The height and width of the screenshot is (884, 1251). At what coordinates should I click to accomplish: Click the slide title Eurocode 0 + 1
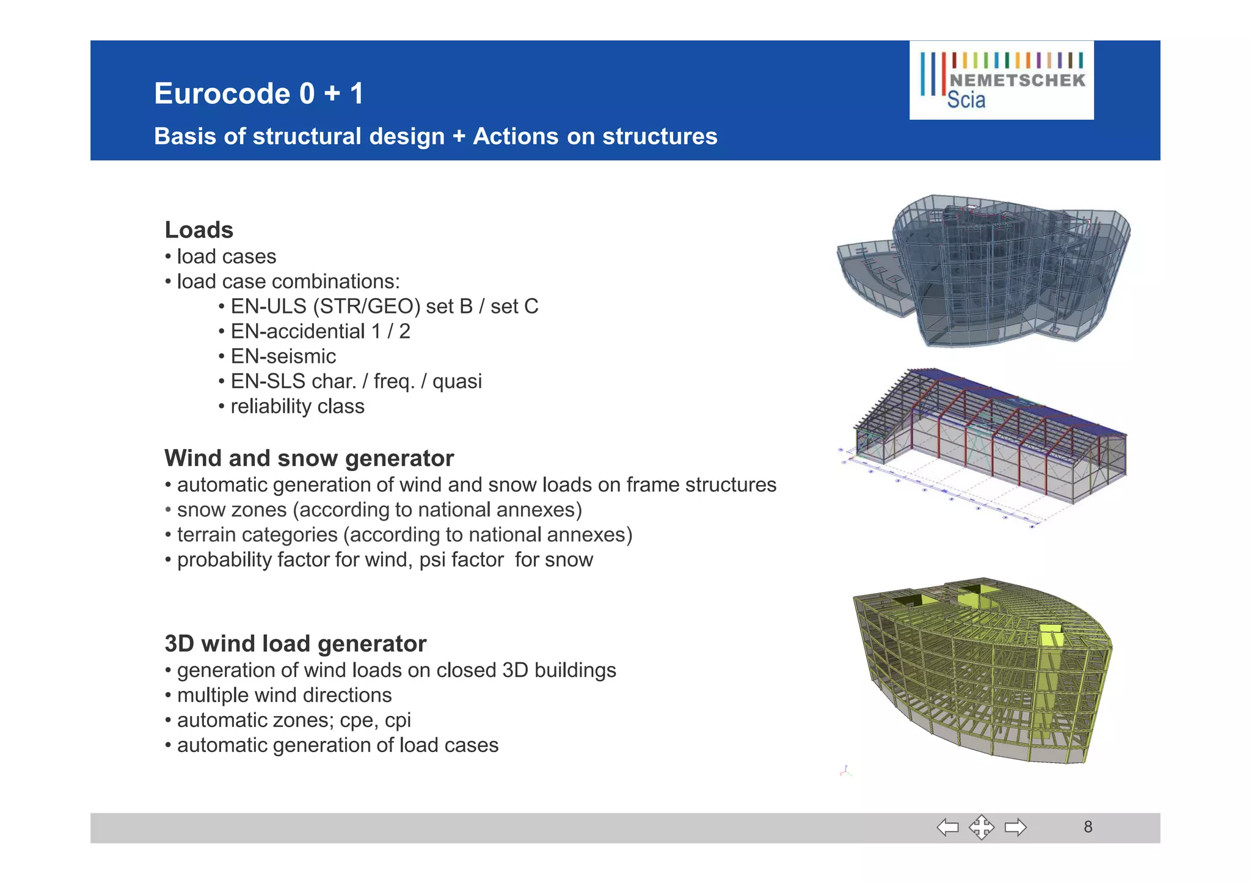pyautogui.click(x=259, y=94)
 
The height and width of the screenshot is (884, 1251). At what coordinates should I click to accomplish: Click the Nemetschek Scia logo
pyautogui.click(x=1001, y=80)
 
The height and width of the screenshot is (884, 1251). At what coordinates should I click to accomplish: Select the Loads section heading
pyautogui.click(x=199, y=230)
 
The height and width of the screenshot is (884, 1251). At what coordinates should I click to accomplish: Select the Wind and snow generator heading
pyautogui.click(x=309, y=458)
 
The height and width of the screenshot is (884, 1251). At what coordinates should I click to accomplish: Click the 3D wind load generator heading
pyautogui.click(x=296, y=644)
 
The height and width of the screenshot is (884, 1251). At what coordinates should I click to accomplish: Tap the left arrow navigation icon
pyautogui.click(x=947, y=828)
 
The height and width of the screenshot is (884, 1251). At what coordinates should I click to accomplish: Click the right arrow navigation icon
pyautogui.click(x=1015, y=828)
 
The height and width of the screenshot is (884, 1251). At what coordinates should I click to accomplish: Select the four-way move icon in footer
pyautogui.click(x=981, y=828)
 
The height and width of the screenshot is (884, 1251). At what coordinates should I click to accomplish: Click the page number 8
pyautogui.click(x=1088, y=827)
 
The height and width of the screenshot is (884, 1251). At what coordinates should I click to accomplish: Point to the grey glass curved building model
pyautogui.click(x=983, y=270)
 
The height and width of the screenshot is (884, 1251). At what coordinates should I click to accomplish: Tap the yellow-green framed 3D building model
pyautogui.click(x=983, y=669)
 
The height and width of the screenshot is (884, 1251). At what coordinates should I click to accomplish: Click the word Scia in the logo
pyautogui.click(x=966, y=100)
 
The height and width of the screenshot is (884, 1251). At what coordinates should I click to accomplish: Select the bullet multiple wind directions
pyautogui.click(x=284, y=695)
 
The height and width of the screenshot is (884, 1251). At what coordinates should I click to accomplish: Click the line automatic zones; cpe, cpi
pyautogui.click(x=293, y=720)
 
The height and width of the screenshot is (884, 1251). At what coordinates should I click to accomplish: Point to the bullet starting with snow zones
pyautogui.click(x=379, y=510)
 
